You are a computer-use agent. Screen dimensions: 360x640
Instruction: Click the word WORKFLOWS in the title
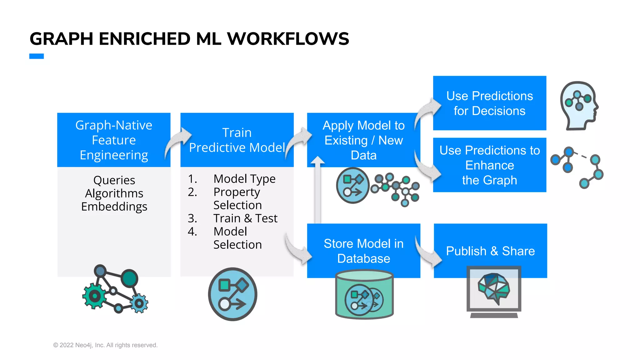coord(288,39)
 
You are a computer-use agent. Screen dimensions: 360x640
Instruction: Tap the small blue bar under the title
coord(37,56)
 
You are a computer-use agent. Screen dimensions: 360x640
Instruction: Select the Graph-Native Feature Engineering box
coord(114,140)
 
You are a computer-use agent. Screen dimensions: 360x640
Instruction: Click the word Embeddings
coord(114,207)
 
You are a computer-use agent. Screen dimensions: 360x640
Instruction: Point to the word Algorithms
coord(114,193)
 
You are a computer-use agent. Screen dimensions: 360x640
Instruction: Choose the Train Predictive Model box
coord(237,140)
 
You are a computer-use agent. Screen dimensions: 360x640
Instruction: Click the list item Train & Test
coord(245,218)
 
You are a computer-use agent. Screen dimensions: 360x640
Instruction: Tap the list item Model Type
coord(244,179)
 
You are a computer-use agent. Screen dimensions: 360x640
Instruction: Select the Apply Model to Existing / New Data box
coord(363,140)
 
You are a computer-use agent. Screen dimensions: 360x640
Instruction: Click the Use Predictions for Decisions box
coord(489,103)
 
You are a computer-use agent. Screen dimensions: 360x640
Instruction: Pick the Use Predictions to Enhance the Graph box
coord(489,165)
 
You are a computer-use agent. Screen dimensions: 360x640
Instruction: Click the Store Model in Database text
coord(363,251)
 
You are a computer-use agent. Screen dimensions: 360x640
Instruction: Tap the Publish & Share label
coord(490,251)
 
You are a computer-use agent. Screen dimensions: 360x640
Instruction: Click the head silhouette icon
coord(579,105)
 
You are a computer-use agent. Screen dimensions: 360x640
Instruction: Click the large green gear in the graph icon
coord(94,296)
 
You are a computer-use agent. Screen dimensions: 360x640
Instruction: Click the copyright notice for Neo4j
coord(105,345)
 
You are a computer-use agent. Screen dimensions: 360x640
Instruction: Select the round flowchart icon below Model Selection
coord(232,294)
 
